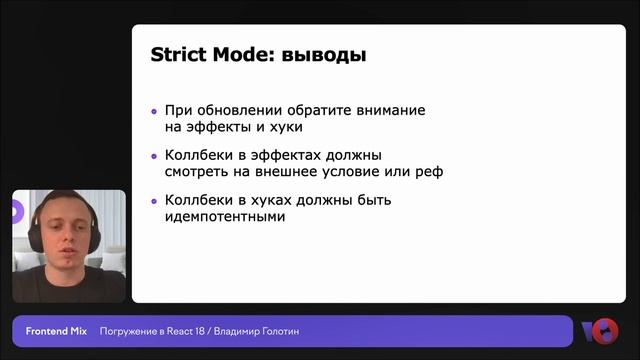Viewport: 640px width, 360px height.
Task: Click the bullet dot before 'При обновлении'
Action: pos(154,112)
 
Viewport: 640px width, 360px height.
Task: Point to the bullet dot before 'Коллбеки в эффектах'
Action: pos(154,156)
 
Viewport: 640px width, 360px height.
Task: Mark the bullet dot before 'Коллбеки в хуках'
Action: pos(154,200)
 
